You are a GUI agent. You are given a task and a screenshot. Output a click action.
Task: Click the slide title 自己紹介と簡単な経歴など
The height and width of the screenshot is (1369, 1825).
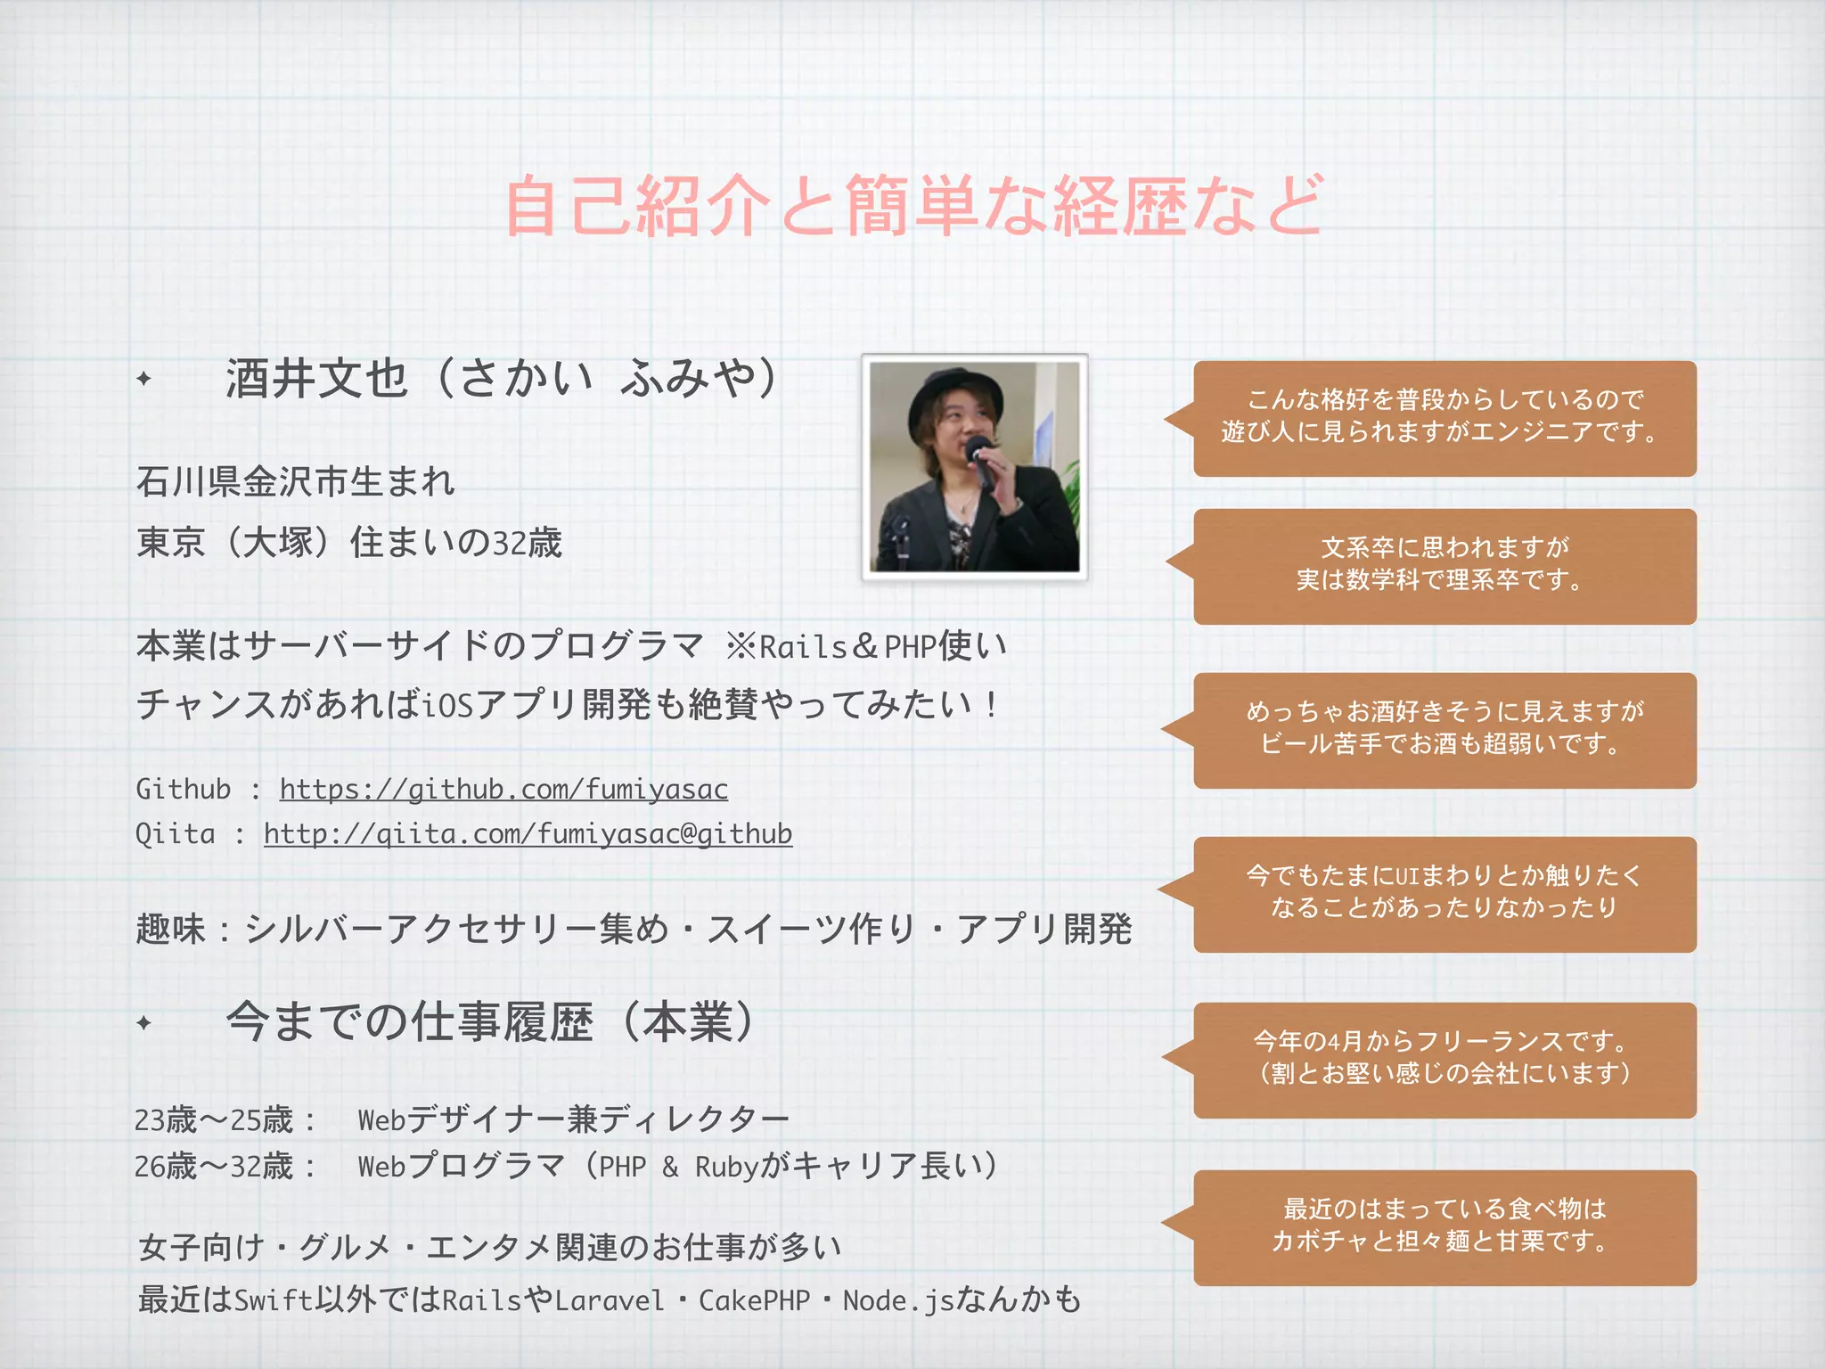pos(912,206)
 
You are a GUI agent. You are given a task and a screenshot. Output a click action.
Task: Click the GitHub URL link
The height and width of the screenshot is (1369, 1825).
pos(503,789)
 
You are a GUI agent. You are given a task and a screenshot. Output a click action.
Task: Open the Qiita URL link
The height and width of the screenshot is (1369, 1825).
pos(528,833)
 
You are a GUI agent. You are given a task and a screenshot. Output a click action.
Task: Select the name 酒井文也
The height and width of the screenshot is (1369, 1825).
pos(316,378)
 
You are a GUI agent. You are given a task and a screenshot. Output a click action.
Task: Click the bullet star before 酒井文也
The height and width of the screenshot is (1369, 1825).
pos(144,379)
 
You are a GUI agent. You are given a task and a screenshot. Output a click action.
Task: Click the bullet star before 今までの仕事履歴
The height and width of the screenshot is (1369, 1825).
pos(144,1022)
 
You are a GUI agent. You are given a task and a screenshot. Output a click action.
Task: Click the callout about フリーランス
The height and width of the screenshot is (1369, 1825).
pos(1444,1059)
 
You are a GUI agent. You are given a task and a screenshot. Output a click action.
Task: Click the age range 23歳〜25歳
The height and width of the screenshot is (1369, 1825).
pos(214,1119)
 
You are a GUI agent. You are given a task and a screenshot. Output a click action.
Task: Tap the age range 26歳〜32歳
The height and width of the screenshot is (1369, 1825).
pos(214,1166)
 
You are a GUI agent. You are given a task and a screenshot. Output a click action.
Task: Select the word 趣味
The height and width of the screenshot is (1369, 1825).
pos(171,930)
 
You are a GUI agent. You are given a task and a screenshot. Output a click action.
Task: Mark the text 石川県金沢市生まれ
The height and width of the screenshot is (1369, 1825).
pos(296,482)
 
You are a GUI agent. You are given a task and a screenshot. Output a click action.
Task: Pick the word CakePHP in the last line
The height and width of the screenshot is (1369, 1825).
pos(754,1300)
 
